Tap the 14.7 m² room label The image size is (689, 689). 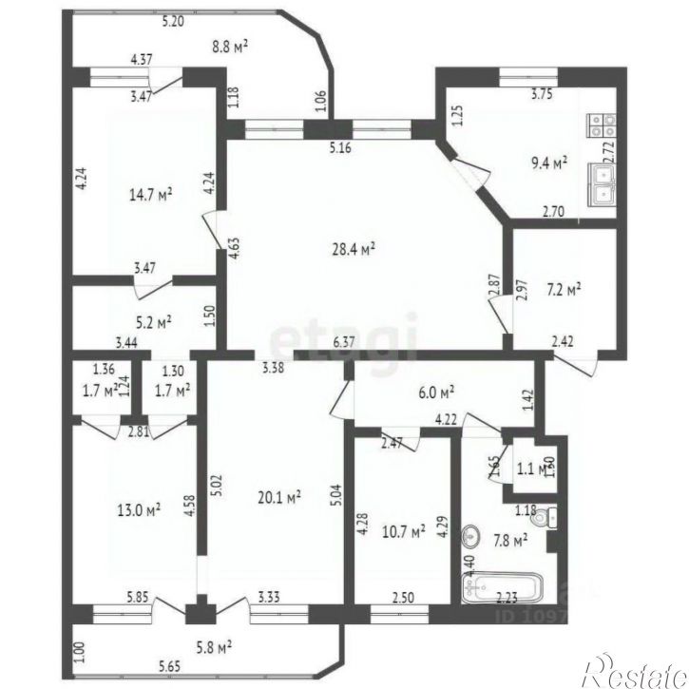pos(150,195)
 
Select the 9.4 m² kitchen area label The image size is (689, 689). pos(548,163)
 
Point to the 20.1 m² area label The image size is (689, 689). pos(279,496)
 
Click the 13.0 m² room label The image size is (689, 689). pos(139,509)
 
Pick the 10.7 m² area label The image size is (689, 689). pos(400,532)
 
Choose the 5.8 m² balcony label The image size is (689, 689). pos(213,648)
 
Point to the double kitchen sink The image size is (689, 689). pos(603,184)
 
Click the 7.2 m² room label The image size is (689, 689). pos(563,287)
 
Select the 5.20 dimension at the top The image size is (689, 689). pos(173,20)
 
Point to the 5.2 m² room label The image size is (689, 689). pos(153,322)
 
